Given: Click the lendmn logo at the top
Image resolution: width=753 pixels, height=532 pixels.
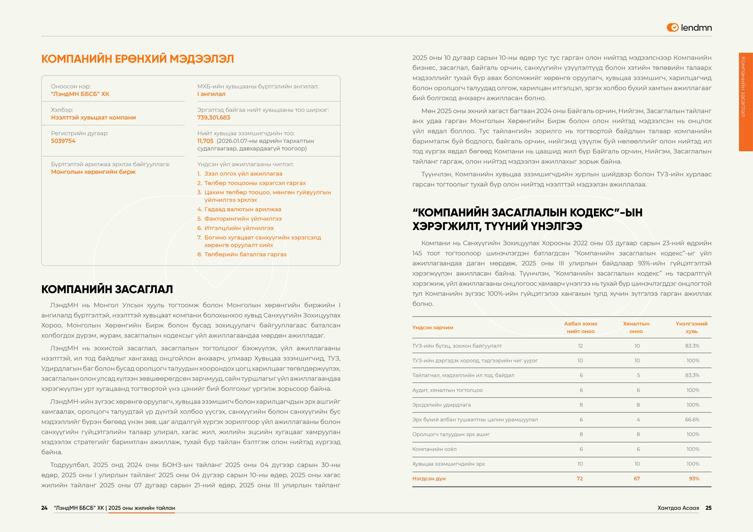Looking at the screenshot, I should click(x=689, y=28).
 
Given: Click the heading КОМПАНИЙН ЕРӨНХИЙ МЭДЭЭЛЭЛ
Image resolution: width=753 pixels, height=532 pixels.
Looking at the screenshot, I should click(x=137, y=59).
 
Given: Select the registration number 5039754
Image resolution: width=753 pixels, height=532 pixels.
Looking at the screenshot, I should click(x=63, y=141).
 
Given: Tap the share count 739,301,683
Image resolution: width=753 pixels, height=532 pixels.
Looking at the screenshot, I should click(x=214, y=118).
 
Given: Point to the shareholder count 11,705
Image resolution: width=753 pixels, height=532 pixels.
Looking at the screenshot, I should click(x=205, y=141).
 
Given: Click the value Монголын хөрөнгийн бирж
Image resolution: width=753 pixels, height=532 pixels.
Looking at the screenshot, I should click(x=93, y=172).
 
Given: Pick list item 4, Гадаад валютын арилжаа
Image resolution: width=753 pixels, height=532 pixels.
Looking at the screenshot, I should click(x=242, y=209).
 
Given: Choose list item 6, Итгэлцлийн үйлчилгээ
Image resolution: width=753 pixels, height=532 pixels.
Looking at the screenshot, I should click(x=239, y=228).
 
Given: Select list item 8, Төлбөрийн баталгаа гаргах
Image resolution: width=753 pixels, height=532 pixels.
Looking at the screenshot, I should click(x=245, y=254).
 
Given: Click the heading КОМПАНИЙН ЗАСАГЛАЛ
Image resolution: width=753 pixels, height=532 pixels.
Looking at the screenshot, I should click(x=107, y=289).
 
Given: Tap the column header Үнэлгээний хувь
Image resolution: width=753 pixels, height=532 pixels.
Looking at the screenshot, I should click(x=691, y=327).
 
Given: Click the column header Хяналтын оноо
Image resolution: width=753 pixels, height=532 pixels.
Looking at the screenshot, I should click(x=636, y=327).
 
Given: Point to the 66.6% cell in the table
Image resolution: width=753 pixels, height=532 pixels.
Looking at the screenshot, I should click(x=692, y=420).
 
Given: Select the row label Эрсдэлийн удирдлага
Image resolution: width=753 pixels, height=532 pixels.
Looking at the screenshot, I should click(x=441, y=405).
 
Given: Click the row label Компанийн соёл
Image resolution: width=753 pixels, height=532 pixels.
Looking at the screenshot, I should click(x=434, y=449).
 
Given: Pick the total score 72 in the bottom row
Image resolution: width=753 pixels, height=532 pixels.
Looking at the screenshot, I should click(x=579, y=479).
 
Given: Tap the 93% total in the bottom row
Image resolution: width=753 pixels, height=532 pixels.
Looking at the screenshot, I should click(x=694, y=479).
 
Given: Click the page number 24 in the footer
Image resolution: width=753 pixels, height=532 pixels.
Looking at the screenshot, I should click(x=44, y=508).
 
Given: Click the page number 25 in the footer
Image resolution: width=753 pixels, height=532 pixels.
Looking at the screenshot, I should click(x=708, y=508).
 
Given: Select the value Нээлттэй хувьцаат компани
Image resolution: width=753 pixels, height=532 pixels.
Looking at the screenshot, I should click(x=93, y=118).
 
